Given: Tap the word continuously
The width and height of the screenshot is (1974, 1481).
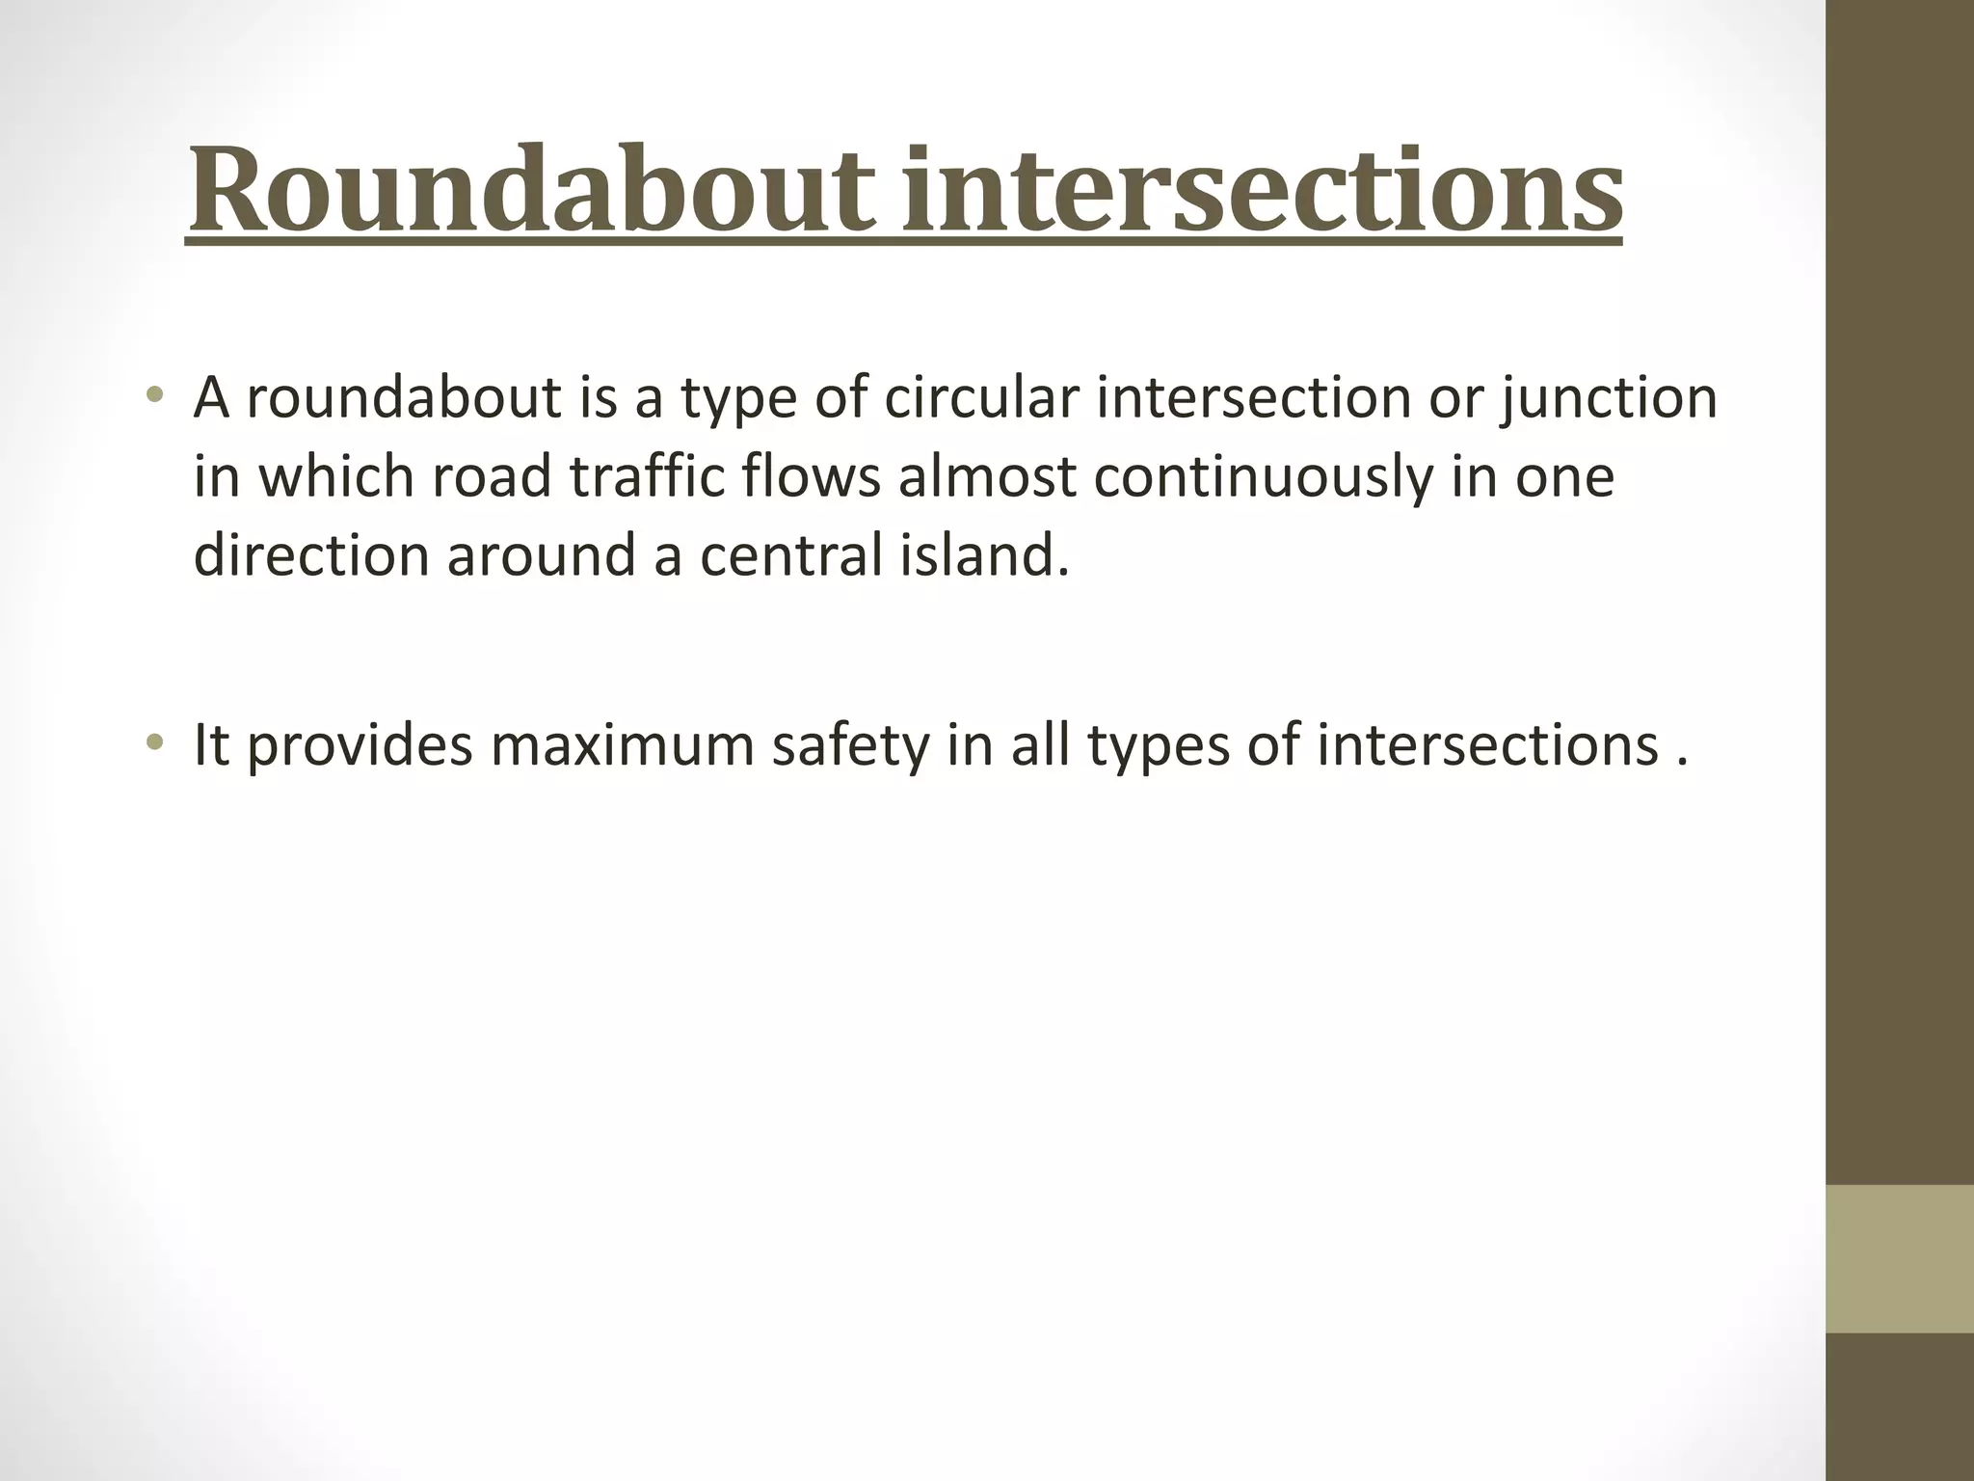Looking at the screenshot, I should [1264, 478].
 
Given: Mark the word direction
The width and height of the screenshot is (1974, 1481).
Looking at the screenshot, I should [310, 555].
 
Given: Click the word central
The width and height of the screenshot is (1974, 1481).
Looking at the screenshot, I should [789, 555].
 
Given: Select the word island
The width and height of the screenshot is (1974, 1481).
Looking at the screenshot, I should [982, 555].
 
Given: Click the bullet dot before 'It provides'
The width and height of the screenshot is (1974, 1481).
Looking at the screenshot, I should [154, 742].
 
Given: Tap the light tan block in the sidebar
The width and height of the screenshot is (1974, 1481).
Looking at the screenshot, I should [1899, 1258].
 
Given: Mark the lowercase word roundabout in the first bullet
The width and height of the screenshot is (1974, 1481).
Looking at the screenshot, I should [403, 397].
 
